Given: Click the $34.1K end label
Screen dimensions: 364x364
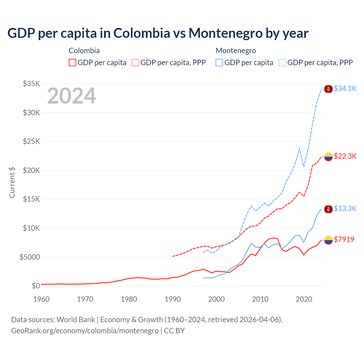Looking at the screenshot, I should coord(345,89).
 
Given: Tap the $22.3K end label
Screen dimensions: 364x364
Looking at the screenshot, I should coord(345,156).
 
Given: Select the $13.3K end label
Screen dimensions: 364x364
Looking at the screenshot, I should coord(345,209).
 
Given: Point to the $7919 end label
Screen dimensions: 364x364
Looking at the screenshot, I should coord(344,239).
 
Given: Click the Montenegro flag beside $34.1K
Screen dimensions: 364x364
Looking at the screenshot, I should coord(328,89).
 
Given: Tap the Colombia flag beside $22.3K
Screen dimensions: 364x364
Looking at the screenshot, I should coord(328,157).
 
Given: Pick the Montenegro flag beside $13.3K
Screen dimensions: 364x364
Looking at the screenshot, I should coord(328,209).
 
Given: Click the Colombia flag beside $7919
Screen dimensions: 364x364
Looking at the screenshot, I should coord(328,240).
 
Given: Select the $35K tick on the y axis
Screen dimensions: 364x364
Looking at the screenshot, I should coord(32,84).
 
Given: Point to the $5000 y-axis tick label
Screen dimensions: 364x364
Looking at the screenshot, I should coord(30,257).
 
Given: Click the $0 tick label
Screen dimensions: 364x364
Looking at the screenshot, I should coord(36,286).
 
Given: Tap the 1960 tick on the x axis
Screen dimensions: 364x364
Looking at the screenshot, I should coord(42,299).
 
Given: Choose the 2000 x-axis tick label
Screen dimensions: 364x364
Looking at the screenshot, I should coord(216,299).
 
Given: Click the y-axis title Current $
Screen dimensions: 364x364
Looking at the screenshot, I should coord(12,183).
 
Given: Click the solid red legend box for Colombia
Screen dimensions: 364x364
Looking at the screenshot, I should coord(73,63).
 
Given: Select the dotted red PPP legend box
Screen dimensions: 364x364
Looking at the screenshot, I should coord(135,63).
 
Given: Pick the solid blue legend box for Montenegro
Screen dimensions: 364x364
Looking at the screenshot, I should coord(219,63).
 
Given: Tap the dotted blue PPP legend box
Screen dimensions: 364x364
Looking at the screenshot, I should coord(282,63).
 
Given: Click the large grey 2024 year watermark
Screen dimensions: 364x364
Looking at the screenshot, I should coord(71,96).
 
